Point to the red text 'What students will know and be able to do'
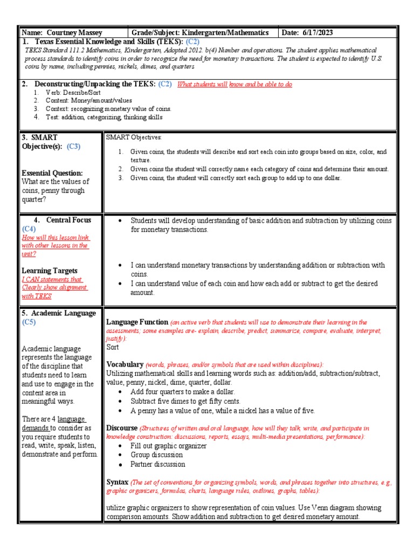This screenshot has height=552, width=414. [235, 85]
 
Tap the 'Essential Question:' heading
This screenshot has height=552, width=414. [52, 173]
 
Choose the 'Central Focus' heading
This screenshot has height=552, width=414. [68, 220]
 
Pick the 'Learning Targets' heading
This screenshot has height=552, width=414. [50, 271]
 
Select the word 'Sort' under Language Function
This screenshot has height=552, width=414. [113, 348]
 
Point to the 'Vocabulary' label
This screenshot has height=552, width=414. [125, 364]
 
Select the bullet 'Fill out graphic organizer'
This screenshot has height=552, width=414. [169, 446]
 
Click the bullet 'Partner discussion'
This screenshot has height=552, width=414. [158, 464]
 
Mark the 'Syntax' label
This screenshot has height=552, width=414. [118, 481]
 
